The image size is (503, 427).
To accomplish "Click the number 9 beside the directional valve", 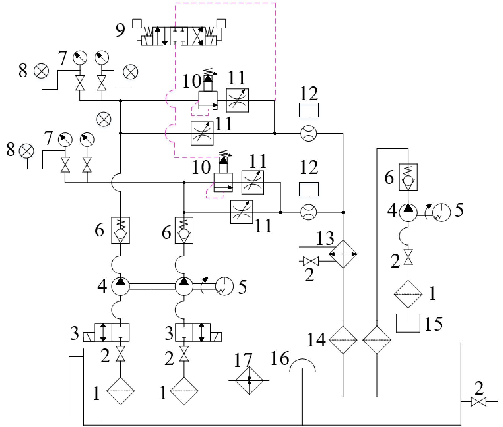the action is coord(120,30).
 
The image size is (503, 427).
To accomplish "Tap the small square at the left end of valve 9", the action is coord(137,23).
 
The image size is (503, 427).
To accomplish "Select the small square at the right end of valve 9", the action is coord(221,23).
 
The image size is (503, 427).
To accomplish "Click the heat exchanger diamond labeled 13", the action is coord(343,254).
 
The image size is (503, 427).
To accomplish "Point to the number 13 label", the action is coord(325,238).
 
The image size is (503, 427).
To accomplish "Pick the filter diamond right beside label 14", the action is coord(343,340).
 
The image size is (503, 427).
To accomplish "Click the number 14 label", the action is coord(317,340).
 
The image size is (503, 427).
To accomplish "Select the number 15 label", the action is coord(433,324).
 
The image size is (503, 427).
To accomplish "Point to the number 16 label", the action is coord(280,359).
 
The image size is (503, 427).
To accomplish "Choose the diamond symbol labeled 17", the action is coord(249,381).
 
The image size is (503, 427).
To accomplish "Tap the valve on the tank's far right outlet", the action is coord(479,402).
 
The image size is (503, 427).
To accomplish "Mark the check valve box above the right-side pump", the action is coord(408,177).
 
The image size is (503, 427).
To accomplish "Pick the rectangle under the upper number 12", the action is coord(309,110).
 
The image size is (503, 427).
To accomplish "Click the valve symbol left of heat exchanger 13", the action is coord(311,261).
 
